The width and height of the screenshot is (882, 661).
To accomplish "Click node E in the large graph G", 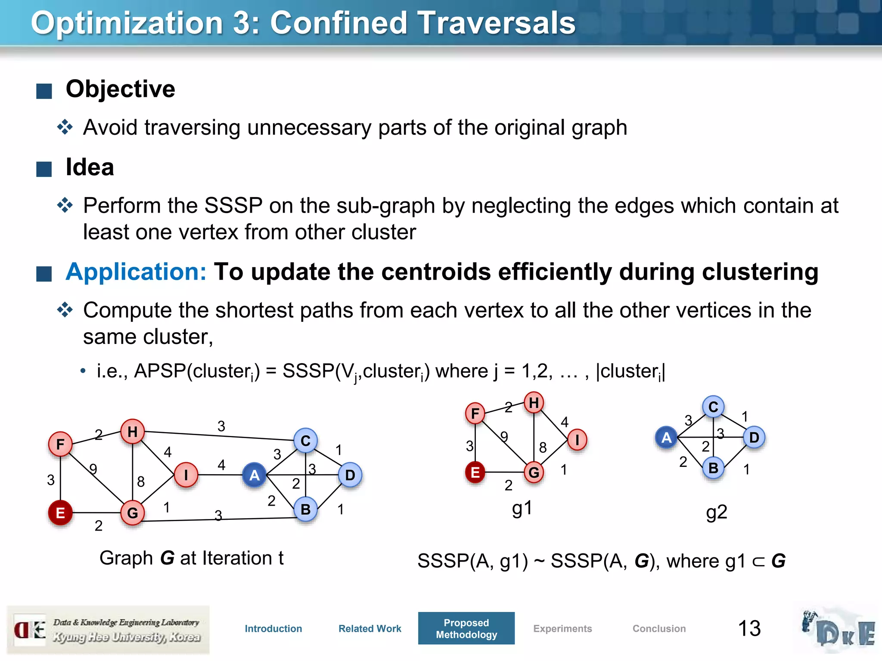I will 60,513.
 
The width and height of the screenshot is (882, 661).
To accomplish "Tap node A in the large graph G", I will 255,475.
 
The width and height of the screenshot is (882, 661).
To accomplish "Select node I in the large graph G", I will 186,475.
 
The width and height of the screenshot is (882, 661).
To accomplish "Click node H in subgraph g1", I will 534,403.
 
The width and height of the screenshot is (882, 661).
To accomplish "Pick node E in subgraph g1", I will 475,472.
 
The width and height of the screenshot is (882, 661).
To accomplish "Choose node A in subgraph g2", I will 666,437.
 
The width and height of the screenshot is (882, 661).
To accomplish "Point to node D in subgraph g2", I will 754,437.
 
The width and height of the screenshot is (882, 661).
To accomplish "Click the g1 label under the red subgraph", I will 522,508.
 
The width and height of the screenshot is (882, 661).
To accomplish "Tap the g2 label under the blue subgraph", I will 717,512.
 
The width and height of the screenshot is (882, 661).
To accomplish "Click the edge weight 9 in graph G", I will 93,468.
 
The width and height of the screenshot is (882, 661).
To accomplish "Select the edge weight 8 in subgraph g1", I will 543,448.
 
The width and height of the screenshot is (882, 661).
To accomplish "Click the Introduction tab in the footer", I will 273,628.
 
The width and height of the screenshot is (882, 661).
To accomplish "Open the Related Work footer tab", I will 370,628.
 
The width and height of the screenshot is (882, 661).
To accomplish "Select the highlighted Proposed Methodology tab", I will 466,628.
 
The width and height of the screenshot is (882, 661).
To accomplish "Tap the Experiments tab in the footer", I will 562,628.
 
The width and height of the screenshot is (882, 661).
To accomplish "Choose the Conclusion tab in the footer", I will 659,628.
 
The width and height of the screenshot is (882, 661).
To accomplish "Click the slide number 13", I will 749,628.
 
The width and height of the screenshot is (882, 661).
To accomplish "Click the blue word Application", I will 136,272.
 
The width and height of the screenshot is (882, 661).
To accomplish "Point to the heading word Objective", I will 121,89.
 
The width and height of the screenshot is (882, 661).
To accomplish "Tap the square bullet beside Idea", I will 44,169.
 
